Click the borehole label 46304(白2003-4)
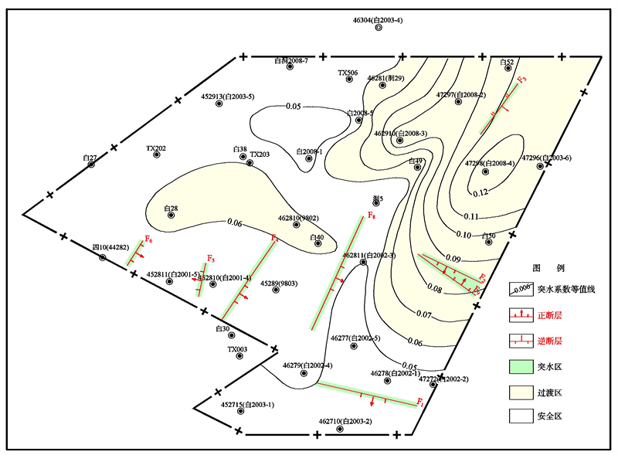[378, 19]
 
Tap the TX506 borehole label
[348, 73]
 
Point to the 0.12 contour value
[480, 192]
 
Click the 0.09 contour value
[454, 259]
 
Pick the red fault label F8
[372, 215]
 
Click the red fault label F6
[148, 240]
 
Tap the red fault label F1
[419, 402]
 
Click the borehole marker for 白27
[91, 164]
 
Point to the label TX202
[156, 148]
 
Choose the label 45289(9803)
[280, 284]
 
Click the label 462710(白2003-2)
[345, 421]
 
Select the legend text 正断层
[551, 316]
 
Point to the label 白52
[507, 62]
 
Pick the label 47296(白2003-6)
[546, 158]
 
